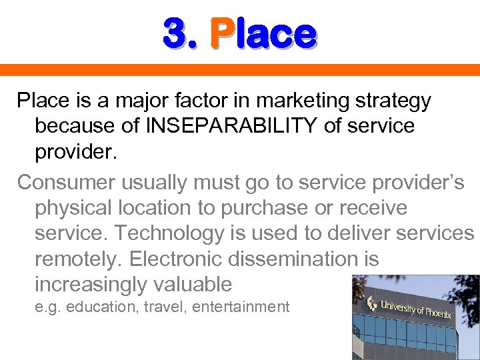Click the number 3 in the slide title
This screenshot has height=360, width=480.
click(175, 34)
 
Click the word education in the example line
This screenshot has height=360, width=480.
click(99, 307)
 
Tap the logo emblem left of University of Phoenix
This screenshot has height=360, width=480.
click(371, 304)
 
